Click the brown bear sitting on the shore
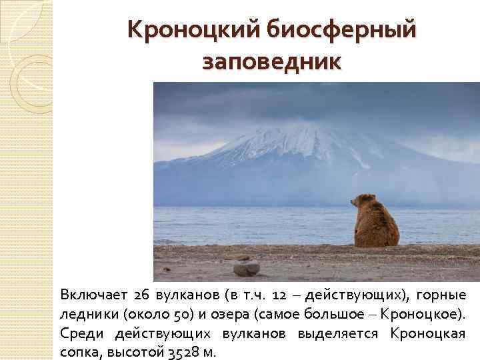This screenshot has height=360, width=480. coord(375,222)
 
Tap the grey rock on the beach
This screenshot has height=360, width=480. coord(246,268)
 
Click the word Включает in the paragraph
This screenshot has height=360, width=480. coord(91,295)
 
